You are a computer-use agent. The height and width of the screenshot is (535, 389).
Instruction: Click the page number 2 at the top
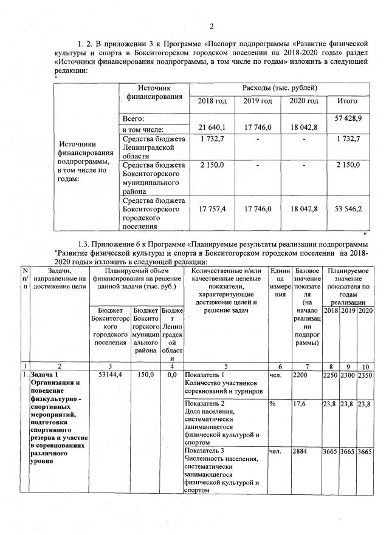click(212, 26)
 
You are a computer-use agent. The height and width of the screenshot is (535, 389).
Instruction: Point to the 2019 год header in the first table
click(258, 101)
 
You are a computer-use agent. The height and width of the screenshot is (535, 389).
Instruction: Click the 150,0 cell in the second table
click(144, 375)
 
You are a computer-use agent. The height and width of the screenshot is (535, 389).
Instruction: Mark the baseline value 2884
click(301, 451)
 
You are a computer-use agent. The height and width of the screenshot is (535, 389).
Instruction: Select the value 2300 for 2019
click(348, 375)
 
